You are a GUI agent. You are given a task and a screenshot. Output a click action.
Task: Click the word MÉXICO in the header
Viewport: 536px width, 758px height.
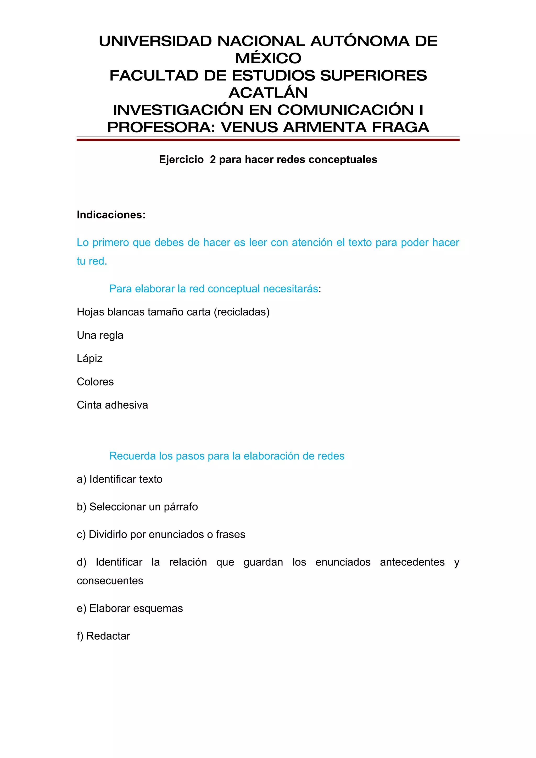coord(268,58)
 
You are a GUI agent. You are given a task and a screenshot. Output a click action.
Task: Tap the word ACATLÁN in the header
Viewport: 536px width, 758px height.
coord(268,93)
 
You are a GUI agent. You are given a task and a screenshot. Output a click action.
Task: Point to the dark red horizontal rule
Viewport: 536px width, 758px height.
coord(268,140)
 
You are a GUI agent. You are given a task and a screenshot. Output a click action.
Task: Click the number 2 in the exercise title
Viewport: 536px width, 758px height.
coord(213,160)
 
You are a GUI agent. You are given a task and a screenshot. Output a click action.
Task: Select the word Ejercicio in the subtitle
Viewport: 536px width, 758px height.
coord(181,160)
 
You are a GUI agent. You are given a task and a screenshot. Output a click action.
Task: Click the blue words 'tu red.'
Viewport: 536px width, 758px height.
coord(92,261)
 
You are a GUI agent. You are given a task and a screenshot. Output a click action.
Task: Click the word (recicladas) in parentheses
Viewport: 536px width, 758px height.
coord(242,312)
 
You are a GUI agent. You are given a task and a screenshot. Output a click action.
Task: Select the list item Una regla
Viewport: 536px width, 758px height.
coord(100,335)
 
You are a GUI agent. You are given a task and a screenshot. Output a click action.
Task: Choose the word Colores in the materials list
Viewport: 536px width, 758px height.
coord(95,382)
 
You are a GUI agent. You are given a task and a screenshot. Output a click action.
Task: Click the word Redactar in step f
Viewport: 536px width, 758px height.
coord(108,636)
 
